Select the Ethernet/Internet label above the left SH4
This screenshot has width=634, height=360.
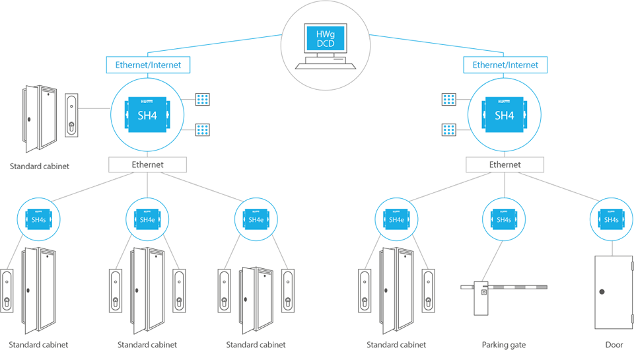click(148, 65)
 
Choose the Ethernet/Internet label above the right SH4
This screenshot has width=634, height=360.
click(505, 65)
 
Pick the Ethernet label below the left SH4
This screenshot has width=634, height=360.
click(147, 164)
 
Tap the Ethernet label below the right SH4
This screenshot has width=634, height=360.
click(505, 164)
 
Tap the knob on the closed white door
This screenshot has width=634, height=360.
click(602, 292)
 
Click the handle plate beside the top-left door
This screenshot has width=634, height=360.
click(71, 116)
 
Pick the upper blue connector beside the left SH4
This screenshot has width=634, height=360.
click(203, 99)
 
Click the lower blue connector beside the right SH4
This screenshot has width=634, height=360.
click(449, 129)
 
